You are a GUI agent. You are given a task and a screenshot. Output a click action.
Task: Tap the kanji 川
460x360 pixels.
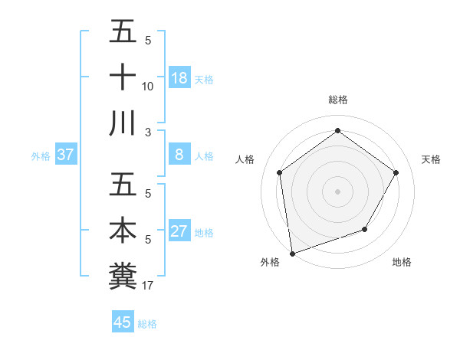[x=123, y=123]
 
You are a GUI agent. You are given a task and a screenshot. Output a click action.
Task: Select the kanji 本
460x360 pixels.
[x=123, y=231]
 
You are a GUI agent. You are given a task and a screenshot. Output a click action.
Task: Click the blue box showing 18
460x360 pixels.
[x=179, y=77]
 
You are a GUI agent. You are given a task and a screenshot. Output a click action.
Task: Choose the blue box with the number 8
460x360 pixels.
[x=179, y=155]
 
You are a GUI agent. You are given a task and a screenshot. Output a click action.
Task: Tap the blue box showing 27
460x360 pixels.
[x=179, y=231]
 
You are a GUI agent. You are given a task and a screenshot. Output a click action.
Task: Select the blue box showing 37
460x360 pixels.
[x=66, y=155]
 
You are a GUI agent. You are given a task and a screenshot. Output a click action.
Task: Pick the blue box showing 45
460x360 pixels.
[x=123, y=322]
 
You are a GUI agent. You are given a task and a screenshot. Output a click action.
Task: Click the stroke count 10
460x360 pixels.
[x=148, y=87]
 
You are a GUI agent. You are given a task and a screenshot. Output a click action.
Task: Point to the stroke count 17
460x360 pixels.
[x=148, y=286]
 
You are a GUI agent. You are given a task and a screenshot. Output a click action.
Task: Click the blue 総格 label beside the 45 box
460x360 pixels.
[x=147, y=323]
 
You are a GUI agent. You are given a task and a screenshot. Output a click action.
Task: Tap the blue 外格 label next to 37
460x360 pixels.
[x=41, y=155]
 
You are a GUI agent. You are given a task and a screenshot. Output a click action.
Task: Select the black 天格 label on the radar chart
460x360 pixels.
[x=431, y=159]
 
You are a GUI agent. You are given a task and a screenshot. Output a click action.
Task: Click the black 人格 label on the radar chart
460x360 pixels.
[x=245, y=159]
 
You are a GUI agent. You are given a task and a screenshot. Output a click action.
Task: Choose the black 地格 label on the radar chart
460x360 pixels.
[x=402, y=262]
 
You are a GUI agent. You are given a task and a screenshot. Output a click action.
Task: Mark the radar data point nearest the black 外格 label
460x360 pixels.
[x=292, y=253]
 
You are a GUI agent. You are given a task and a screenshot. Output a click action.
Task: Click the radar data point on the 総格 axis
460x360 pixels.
[x=337, y=131]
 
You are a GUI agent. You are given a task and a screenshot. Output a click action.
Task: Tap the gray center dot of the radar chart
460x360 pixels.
[x=337, y=191]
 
